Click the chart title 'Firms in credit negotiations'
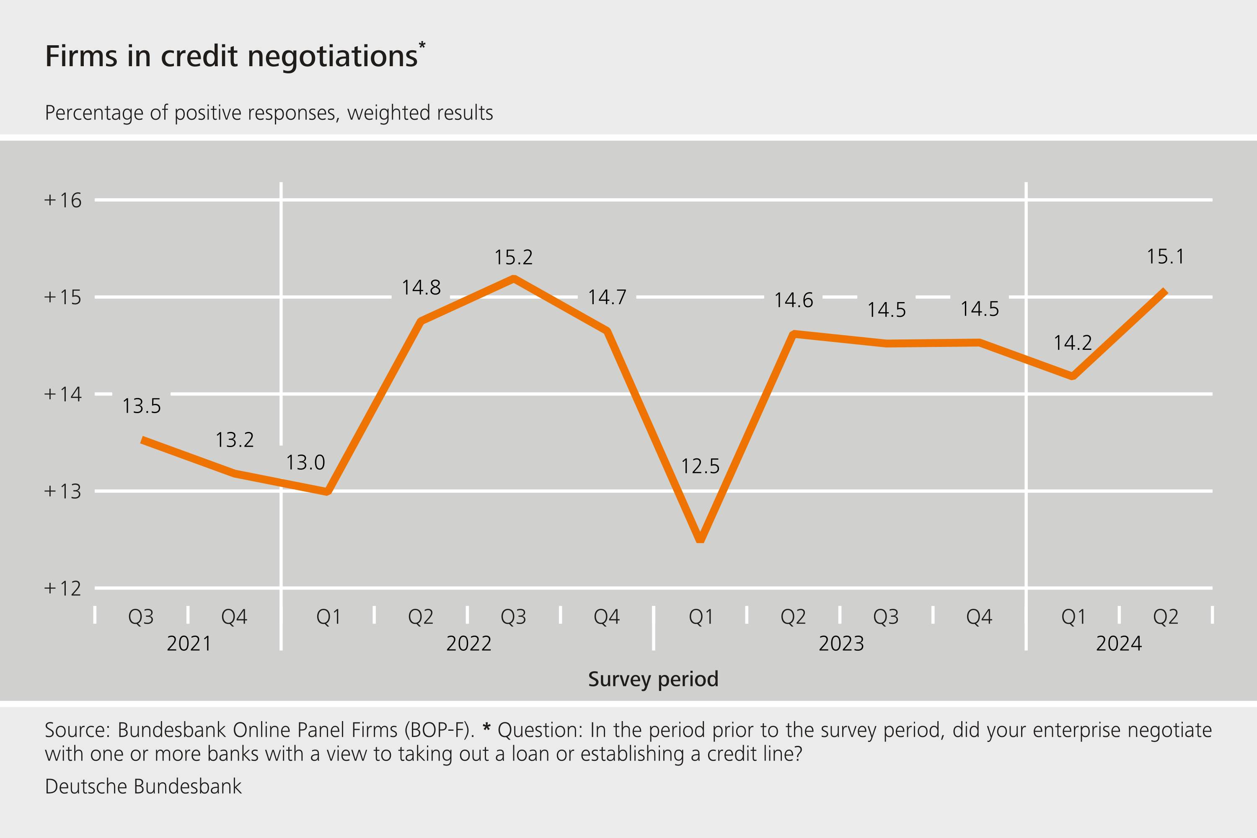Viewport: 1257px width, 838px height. click(231, 56)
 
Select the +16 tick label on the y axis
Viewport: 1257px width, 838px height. click(62, 200)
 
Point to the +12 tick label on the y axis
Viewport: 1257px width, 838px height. click(62, 588)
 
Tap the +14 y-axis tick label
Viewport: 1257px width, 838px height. click(62, 394)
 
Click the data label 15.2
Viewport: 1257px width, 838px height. click(513, 258)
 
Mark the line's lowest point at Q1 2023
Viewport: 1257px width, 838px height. click(700, 540)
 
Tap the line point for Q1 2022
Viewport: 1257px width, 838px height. click(327, 491)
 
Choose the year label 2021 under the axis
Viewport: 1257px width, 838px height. click(189, 644)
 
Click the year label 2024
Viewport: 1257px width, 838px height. click(1119, 644)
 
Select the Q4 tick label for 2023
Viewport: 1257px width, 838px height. click(979, 617)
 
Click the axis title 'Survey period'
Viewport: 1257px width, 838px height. click(653, 679)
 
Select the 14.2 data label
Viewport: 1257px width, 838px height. click(1073, 343)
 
